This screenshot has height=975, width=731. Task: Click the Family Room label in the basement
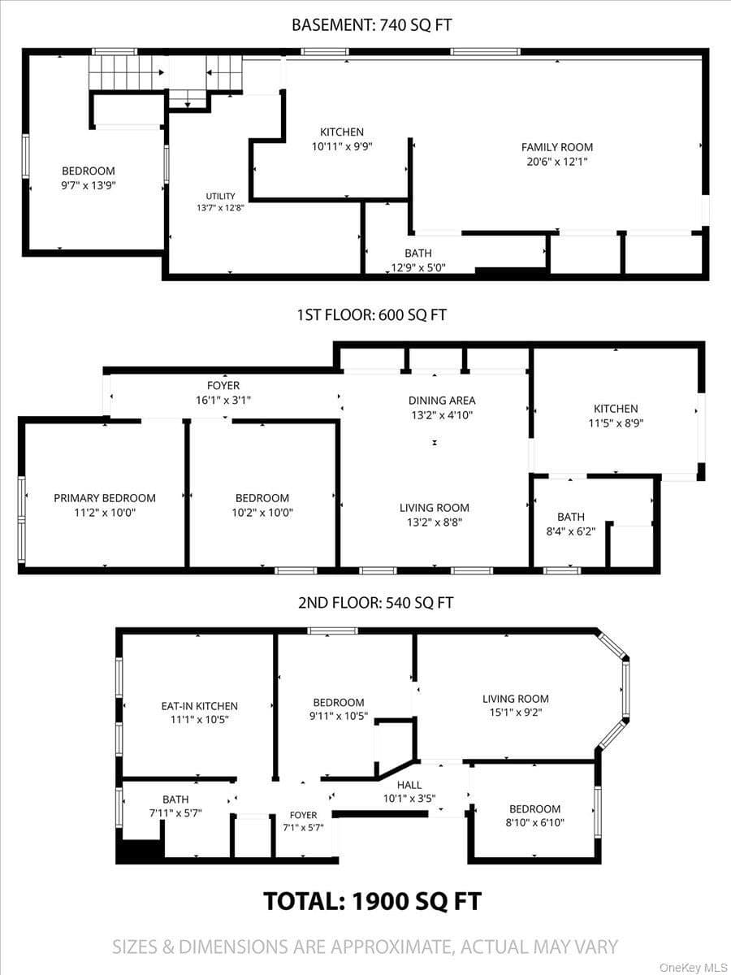point(557,147)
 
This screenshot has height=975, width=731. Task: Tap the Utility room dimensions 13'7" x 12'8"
point(221,208)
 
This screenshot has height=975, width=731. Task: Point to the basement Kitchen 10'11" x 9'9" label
point(342,139)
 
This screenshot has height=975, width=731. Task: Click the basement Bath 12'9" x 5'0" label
point(418,260)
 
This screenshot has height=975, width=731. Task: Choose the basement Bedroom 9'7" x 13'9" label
point(89,178)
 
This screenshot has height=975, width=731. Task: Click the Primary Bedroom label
point(105,498)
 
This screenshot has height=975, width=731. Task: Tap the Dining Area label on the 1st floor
point(442,401)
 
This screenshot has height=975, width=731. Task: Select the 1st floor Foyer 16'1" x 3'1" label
point(223,392)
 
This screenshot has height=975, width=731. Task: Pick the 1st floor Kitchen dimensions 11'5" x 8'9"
point(616,423)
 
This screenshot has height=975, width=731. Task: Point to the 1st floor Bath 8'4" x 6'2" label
point(571,524)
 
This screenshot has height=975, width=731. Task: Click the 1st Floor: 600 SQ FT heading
point(372,315)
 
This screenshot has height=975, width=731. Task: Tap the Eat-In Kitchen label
point(199,706)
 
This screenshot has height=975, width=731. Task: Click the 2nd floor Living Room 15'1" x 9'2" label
point(516,705)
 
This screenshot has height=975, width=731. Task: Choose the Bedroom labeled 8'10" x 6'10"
point(534,815)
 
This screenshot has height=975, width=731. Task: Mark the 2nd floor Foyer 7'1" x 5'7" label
point(304,821)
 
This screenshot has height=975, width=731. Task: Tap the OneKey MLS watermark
point(694,964)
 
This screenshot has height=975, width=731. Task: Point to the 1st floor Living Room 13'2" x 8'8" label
point(435,515)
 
